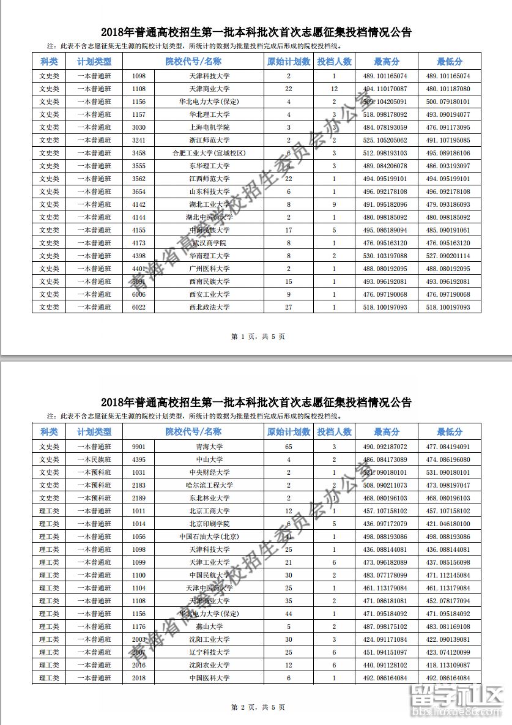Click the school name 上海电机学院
pyautogui.click(x=209, y=127)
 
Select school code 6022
pyautogui.click(x=139, y=307)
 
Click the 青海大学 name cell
pyautogui.click(x=209, y=447)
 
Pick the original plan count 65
pyautogui.click(x=289, y=447)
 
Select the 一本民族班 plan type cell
pyautogui.click(x=94, y=459)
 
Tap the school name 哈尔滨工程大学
pyautogui.click(x=209, y=485)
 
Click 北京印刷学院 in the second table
pyautogui.click(x=209, y=524)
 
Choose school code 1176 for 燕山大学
pyautogui.click(x=139, y=626)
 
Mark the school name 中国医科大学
pyautogui.click(x=209, y=678)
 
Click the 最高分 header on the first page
pyautogui.click(x=387, y=62)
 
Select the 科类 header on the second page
pyautogui.click(x=48, y=431)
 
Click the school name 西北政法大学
pyautogui.click(x=209, y=307)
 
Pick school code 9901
pyautogui.click(x=139, y=447)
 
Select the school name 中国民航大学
pyautogui.click(x=209, y=575)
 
